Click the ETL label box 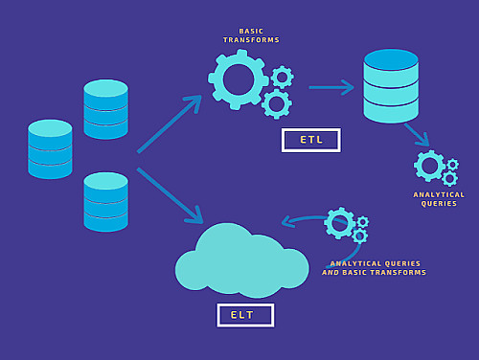click(x=311, y=140)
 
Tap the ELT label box click(x=245, y=315)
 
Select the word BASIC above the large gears click(x=251, y=32)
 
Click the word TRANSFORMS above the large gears click(x=251, y=40)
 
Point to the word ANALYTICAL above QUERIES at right click(x=439, y=194)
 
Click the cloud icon click(x=242, y=260)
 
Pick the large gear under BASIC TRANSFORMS click(x=239, y=79)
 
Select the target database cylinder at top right click(x=391, y=86)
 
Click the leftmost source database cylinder click(x=50, y=149)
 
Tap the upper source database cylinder click(x=106, y=109)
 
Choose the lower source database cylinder click(x=106, y=202)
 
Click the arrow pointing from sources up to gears click(x=170, y=124)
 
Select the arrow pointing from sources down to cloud click(x=170, y=195)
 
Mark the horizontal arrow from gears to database click(x=331, y=87)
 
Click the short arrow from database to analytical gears click(x=417, y=135)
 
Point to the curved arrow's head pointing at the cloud click(x=285, y=221)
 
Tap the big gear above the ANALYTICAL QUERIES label click(x=429, y=166)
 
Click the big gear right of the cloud click(x=339, y=223)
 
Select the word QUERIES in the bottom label click(x=402, y=263)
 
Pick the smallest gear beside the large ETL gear click(x=283, y=77)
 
